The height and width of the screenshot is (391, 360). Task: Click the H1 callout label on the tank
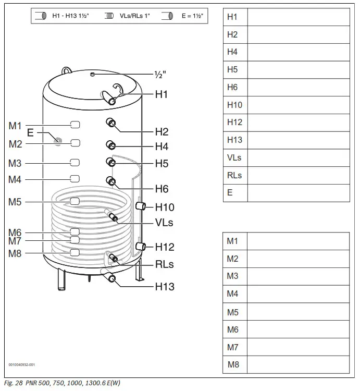tap(162, 94)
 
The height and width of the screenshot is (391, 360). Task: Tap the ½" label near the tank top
tap(160, 75)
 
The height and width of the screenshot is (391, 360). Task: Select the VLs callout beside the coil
tap(164, 223)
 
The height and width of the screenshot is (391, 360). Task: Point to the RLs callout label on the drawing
tap(165, 264)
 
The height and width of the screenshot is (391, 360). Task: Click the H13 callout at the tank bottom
tap(165, 287)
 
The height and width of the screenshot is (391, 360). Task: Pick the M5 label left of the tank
tap(15, 202)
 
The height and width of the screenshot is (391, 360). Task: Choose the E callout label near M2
tap(30, 133)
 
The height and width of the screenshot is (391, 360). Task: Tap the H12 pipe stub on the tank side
tap(140, 246)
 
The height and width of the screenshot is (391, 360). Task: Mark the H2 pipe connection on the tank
tap(111, 123)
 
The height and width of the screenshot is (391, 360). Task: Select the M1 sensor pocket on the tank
tap(75, 125)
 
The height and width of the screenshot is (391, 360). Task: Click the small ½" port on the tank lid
tap(92, 75)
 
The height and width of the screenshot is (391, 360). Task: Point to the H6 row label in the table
tap(232, 87)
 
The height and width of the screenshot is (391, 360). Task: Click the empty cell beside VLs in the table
tap(298, 157)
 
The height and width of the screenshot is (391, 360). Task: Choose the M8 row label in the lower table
tap(233, 364)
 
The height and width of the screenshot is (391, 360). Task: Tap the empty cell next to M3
tap(297, 276)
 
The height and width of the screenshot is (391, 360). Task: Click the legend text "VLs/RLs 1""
tap(134, 16)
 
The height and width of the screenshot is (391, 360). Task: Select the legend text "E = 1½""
tap(192, 16)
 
